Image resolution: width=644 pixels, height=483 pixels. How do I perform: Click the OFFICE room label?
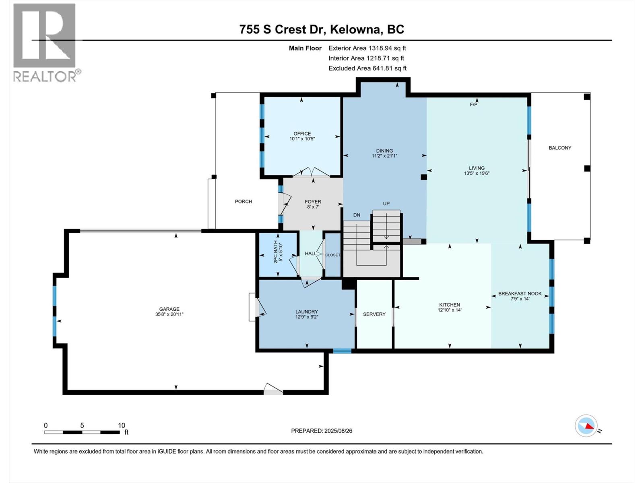point(302,134)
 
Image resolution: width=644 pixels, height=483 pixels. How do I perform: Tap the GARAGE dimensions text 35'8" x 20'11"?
point(169,314)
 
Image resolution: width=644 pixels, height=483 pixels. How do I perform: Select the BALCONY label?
point(560,148)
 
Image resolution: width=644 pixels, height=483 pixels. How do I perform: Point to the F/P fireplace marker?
point(473,104)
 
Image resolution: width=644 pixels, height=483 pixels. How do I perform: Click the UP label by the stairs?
point(386,204)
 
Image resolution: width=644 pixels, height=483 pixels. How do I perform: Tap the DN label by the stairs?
point(357,215)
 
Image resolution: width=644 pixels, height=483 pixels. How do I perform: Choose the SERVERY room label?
point(374,314)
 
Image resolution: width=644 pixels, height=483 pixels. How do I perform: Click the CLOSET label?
point(332,255)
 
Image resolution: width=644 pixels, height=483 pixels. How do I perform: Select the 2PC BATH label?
point(275,252)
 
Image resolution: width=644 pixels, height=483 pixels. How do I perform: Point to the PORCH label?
point(243,202)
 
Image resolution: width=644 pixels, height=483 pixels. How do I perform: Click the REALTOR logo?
point(45,43)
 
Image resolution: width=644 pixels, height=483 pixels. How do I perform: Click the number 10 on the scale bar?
point(122,425)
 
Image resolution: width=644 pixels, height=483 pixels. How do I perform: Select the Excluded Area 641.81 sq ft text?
point(367,68)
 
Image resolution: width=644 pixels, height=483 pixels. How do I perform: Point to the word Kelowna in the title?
point(355,29)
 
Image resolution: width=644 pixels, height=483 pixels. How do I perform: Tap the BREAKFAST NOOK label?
point(520,293)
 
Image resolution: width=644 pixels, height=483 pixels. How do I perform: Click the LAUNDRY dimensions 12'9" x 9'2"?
point(307,317)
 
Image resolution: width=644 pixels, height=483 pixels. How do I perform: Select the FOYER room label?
point(313,202)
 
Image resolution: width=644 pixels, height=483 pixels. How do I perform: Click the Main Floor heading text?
point(305,48)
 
